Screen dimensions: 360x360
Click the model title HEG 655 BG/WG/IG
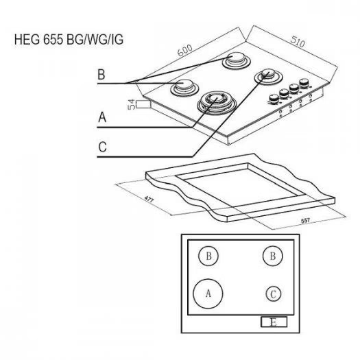pyautogui.click(x=69, y=40)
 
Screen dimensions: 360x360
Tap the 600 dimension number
pyautogui.click(x=185, y=50)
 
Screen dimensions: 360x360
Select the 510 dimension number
pyautogui.click(x=298, y=42)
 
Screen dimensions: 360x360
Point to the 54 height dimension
pyautogui.click(x=131, y=104)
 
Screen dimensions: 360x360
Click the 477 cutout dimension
pyautogui.click(x=149, y=199)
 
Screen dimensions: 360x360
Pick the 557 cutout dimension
pyautogui.click(x=305, y=221)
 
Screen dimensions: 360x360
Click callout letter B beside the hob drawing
pyautogui.click(x=101, y=74)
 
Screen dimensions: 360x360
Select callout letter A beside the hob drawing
pyautogui.click(x=102, y=117)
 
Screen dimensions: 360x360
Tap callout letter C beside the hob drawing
pyautogui.click(x=102, y=147)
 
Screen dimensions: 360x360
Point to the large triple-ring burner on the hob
pyautogui.click(x=217, y=103)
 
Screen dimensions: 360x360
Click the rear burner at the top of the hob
pyautogui.click(x=236, y=60)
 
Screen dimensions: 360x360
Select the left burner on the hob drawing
pyautogui.click(x=184, y=88)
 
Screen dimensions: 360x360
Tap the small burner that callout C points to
pyautogui.click(x=268, y=75)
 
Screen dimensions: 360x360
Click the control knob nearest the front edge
pyautogui.click(x=273, y=99)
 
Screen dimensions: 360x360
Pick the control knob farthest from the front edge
pyautogui.click(x=304, y=83)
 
